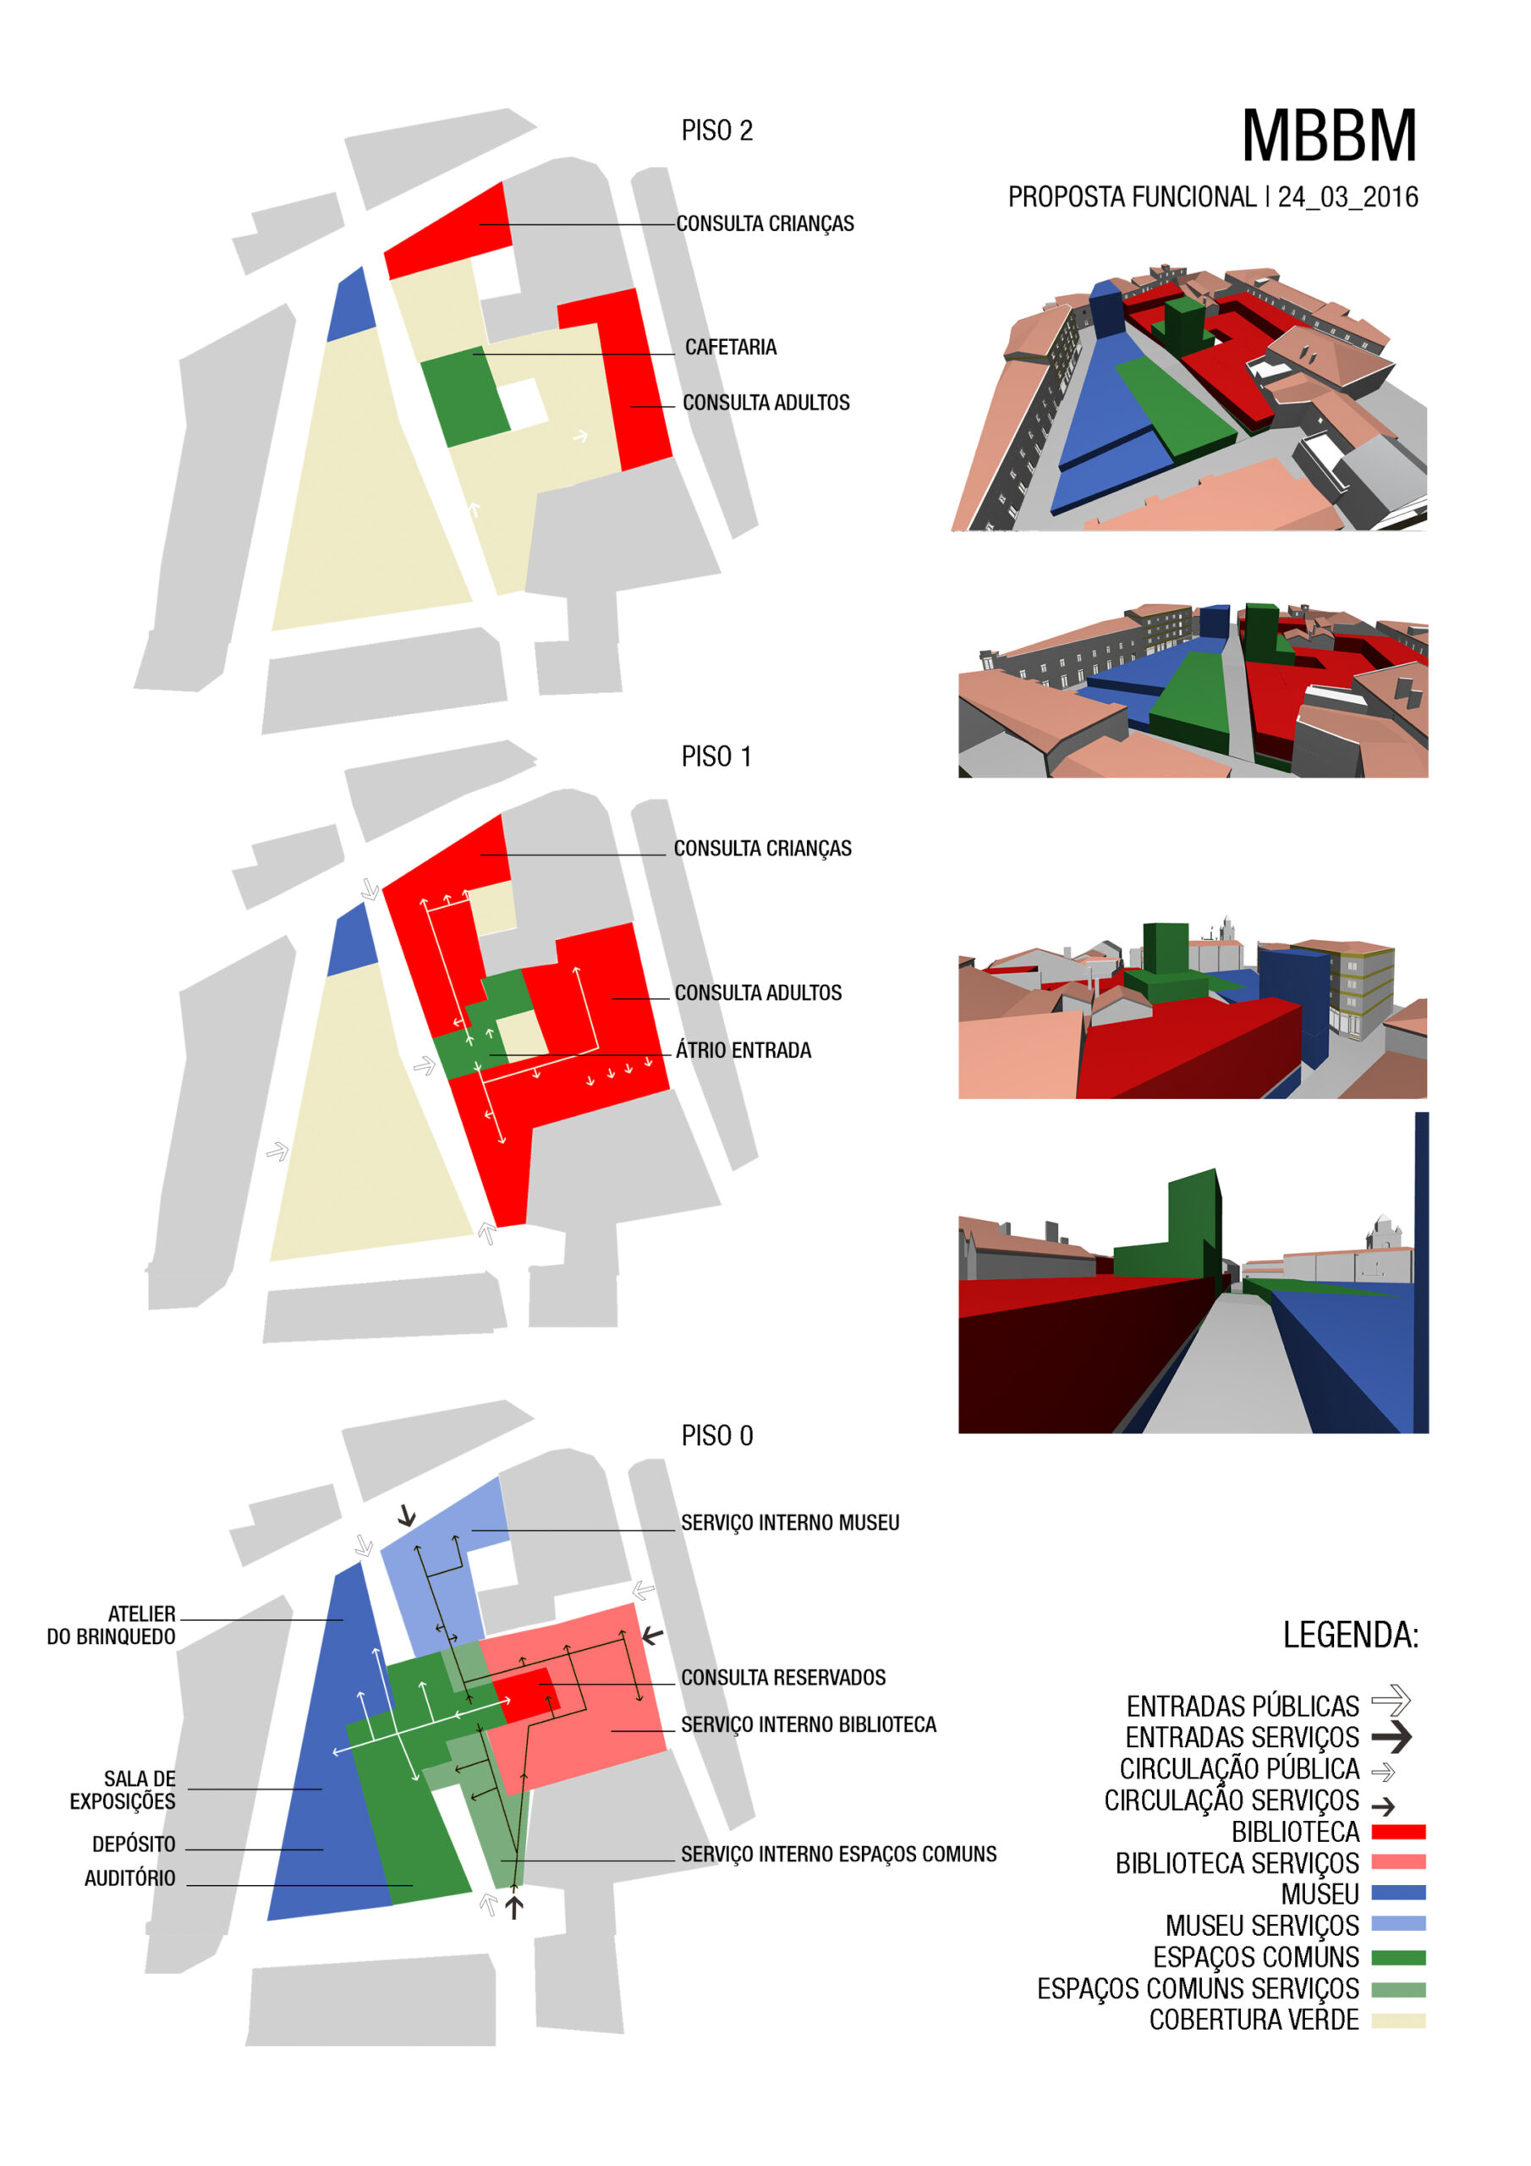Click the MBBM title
click(x=1329, y=136)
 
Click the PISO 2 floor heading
click(x=717, y=130)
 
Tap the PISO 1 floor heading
click(x=716, y=756)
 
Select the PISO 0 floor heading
click(x=717, y=1436)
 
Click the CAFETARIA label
click(x=731, y=347)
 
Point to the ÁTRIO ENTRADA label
click(x=744, y=1050)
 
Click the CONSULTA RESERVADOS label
click(x=783, y=1677)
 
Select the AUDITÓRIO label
click(x=130, y=1878)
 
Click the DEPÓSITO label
click(x=134, y=1844)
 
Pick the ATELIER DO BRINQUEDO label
click(x=112, y=1625)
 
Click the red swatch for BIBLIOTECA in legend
click(x=1398, y=1832)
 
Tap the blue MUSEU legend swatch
click(x=1398, y=1893)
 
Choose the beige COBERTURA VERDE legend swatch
click(x=1398, y=2020)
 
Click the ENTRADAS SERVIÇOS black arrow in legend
click(x=1391, y=1737)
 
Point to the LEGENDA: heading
click(x=1351, y=1635)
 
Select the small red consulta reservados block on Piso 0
click(x=526, y=1693)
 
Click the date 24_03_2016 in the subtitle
click(x=1348, y=197)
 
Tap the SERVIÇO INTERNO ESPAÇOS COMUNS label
click(x=838, y=1854)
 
